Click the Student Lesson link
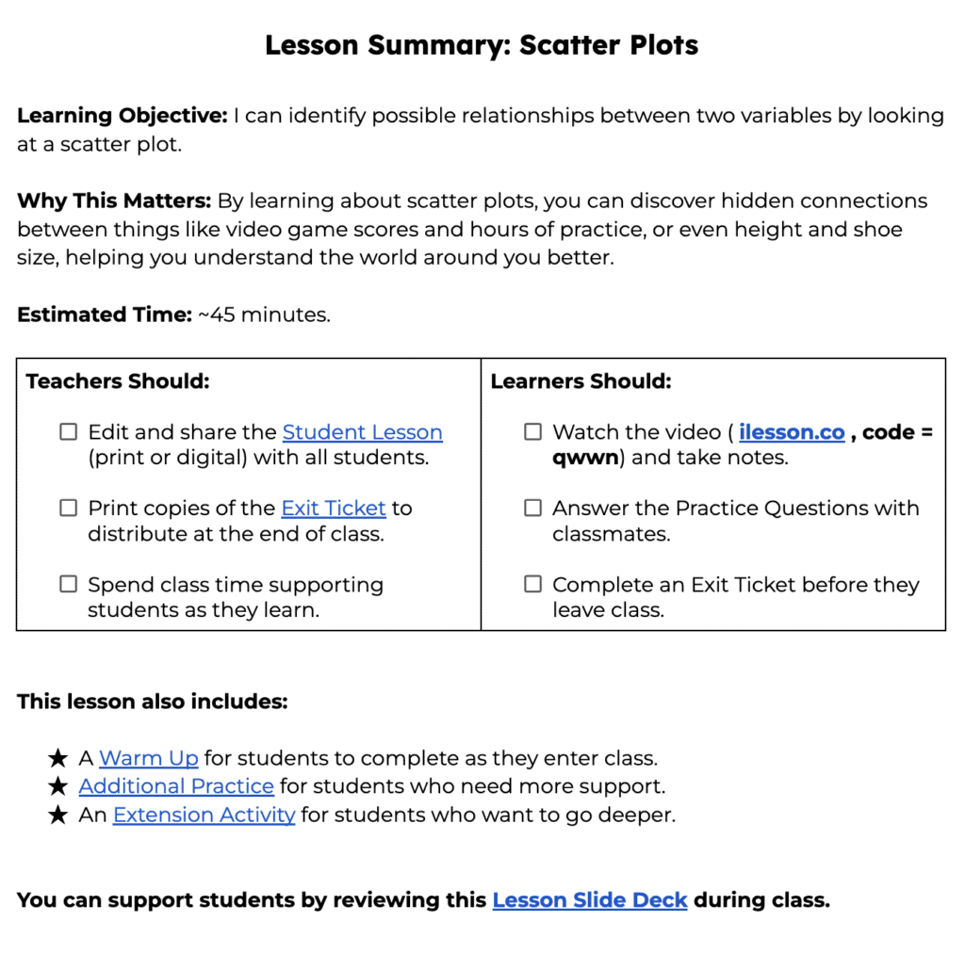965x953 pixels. click(x=362, y=432)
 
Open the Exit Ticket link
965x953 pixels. click(x=334, y=509)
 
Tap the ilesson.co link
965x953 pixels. click(x=792, y=432)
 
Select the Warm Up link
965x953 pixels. click(x=149, y=758)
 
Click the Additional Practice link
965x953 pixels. click(x=176, y=786)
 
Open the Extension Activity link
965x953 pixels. click(x=204, y=815)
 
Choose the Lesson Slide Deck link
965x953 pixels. click(x=590, y=900)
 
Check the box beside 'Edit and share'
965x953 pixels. click(x=68, y=432)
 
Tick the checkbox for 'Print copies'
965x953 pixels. click(x=68, y=509)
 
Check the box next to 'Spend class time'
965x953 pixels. click(x=68, y=585)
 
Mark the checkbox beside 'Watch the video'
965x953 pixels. click(x=532, y=432)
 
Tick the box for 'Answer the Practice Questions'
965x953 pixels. click(x=532, y=509)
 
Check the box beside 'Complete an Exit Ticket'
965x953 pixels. click(x=532, y=585)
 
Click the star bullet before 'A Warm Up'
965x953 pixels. click(x=57, y=758)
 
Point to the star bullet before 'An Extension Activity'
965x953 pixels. click(x=57, y=815)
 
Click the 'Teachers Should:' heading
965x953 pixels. click(x=118, y=381)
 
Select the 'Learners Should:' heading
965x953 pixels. click(x=581, y=381)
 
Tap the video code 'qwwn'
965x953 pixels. click(x=589, y=459)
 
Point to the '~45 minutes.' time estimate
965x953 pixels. click(x=264, y=315)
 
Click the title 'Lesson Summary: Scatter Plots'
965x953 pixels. click(x=482, y=45)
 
